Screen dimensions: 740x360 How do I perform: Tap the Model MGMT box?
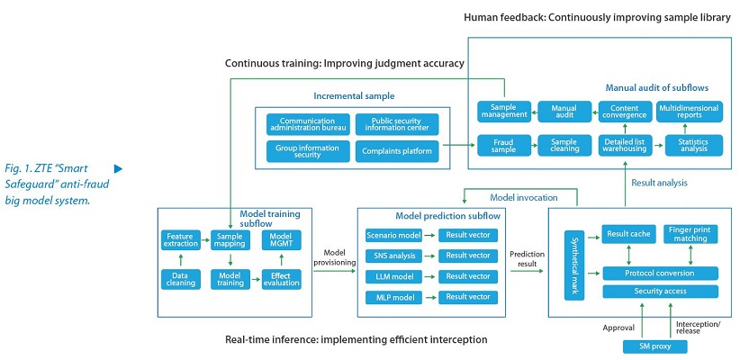(x=281, y=239)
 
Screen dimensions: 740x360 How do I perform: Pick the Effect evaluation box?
(x=281, y=279)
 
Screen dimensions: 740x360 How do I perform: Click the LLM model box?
(x=391, y=276)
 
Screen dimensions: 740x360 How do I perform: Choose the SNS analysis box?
(x=391, y=256)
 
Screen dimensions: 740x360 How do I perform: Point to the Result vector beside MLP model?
(x=468, y=297)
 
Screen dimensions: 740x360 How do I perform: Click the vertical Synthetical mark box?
(x=574, y=265)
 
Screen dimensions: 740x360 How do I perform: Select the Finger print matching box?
(x=690, y=234)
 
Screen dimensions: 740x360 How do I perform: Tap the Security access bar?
(x=660, y=291)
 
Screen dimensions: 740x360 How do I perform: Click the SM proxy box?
(x=655, y=346)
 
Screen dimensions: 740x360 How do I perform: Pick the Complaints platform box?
(x=397, y=151)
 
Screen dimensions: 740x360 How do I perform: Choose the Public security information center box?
(x=397, y=124)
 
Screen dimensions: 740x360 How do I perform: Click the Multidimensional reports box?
(x=690, y=112)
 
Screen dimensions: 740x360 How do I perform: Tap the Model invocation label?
(x=523, y=197)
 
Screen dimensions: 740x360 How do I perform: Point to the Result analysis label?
(x=659, y=183)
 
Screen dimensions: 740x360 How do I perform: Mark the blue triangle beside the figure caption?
(x=118, y=168)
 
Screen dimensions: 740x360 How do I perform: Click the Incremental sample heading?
(x=354, y=96)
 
